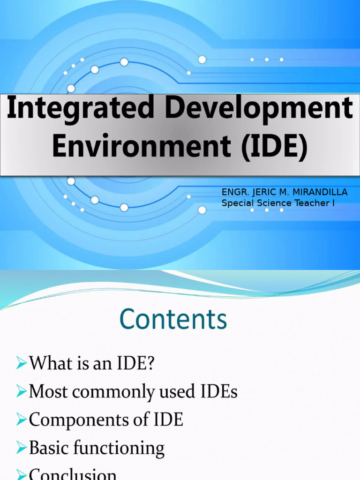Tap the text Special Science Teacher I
(278, 203)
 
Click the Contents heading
(173, 320)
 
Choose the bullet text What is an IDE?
(91, 364)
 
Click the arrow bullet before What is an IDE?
(21, 364)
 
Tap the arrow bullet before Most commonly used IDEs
(21, 392)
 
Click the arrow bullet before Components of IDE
(21, 420)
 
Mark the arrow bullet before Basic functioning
(21, 448)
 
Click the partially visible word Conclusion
(73, 474)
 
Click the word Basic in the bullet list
(46, 448)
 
